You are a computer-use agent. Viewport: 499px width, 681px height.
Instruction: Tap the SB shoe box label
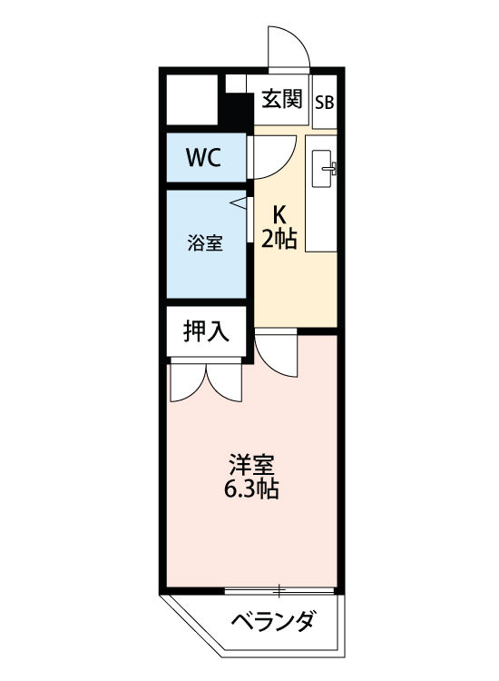(x=324, y=101)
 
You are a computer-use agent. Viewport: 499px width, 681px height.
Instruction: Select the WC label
(x=203, y=157)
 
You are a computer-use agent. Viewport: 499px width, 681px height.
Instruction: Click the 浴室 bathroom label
(x=205, y=242)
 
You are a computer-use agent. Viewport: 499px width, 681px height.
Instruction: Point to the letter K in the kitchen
(x=280, y=214)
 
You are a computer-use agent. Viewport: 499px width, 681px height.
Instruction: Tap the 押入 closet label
(x=206, y=332)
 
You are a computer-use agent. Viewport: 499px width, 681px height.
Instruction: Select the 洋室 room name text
(x=251, y=464)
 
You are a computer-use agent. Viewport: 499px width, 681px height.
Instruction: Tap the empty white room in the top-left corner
(x=192, y=100)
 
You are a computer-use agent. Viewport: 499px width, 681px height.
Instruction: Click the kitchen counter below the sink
(x=321, y=222)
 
